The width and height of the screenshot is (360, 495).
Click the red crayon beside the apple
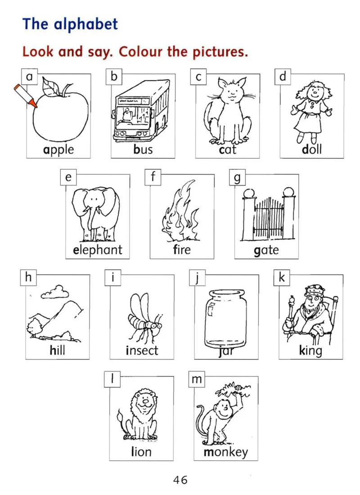26,95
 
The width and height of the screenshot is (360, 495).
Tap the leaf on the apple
50,86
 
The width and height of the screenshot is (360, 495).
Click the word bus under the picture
143,150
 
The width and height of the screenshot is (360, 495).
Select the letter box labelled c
198,77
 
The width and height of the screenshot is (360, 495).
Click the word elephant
98,250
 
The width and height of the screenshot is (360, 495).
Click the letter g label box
237,177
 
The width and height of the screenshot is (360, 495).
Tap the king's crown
314,289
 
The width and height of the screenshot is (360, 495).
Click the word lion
141,452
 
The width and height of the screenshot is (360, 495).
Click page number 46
180,480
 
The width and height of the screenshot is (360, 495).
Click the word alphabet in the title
86,24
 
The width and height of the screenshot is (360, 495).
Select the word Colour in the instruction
140,51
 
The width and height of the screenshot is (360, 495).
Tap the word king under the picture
310,351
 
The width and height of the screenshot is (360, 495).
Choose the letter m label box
197,379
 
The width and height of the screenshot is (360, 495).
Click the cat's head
232,90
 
